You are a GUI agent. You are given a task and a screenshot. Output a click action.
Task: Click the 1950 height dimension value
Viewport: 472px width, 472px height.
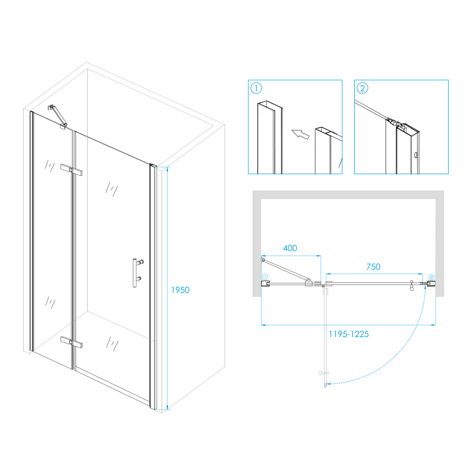[x=180, y=290]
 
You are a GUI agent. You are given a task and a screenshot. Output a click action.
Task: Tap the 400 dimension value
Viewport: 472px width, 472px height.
[x=290, y=248]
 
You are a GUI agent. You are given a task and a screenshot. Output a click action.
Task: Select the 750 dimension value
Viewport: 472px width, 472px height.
[x=373, y=267]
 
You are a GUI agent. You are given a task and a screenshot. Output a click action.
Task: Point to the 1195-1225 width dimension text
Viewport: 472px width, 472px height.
[x=348, y=334]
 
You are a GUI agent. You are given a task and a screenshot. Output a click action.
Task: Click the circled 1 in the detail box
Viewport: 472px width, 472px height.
[x=256, y=88]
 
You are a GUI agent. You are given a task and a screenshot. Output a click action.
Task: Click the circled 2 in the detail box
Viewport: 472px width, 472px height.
[x=362, y=88]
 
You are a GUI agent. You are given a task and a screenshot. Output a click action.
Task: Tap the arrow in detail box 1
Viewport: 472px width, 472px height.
[x=301, y=134]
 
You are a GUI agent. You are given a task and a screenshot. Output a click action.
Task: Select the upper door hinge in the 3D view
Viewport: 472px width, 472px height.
[x=71, y=170]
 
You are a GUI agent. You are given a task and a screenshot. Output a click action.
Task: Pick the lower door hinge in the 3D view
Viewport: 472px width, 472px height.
[x=71, y=342]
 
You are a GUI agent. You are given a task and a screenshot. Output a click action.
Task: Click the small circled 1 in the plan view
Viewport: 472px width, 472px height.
[x=265, y=277]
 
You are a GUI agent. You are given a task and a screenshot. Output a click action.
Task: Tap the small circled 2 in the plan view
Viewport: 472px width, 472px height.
[x=431, y=277]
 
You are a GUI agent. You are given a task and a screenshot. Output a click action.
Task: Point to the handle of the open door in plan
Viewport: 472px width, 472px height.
[x=323, y=373]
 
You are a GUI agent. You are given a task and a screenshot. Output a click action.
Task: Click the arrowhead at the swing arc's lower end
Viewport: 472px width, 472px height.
[x=329, y=384]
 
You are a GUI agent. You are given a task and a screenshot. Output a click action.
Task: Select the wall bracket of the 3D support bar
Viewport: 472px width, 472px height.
[x=52, y=107]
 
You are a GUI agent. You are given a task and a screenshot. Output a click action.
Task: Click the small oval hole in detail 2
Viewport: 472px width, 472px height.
[x=416, y=155]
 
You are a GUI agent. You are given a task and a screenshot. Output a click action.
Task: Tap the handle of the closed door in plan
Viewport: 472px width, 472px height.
[x=412, y=286]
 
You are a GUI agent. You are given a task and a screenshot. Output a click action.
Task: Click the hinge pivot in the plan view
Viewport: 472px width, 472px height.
[x=323, y=285]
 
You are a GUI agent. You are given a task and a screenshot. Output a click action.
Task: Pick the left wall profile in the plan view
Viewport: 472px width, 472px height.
[x=265, y=283]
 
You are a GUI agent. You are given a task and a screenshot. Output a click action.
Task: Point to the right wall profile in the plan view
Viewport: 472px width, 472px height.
[x=431, y=283]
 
